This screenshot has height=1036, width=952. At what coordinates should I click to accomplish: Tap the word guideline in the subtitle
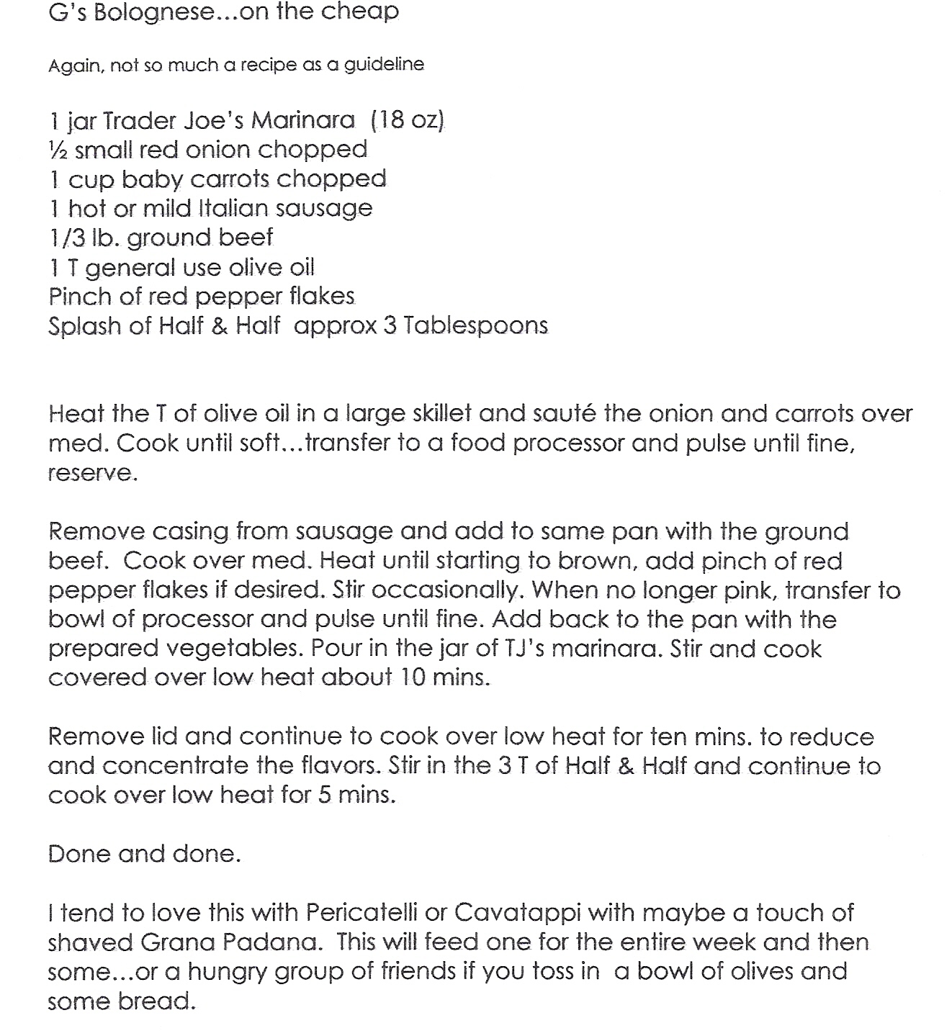[384, 65]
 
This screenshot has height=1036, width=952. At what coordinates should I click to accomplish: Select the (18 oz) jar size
[408, 120]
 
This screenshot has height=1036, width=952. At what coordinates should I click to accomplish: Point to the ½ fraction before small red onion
[58, 149]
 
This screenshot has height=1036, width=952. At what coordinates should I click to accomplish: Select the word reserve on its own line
[91, 474]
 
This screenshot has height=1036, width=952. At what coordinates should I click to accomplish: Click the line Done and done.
[144, 854]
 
